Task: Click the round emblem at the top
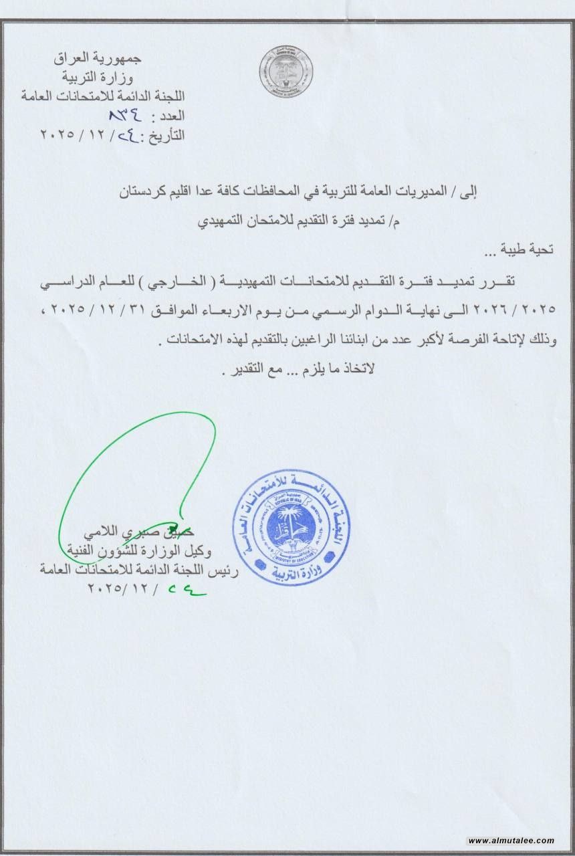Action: [x=286, y=72]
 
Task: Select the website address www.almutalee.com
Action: [x=511, y=841]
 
